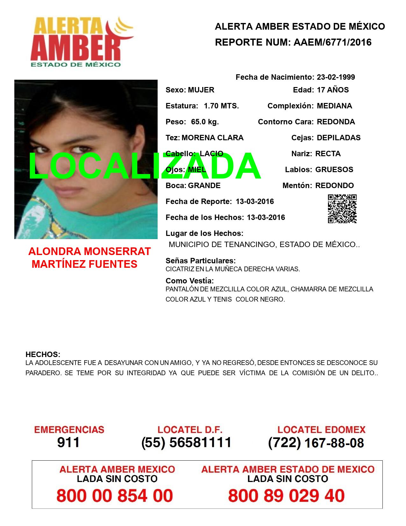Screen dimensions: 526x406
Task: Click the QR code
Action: (342, 209)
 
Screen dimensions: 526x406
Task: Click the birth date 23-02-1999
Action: (336, 77)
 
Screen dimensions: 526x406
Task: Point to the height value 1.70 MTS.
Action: (221, 106)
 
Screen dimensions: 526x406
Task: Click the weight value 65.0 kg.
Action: (205, 122)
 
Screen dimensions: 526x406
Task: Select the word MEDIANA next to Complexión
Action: (334, 106)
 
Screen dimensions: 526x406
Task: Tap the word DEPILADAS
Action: (338, 138)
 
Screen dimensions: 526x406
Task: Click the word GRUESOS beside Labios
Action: (334, 170)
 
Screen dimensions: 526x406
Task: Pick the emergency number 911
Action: (68, 442)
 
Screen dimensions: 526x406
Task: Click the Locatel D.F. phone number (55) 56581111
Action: (186, 442)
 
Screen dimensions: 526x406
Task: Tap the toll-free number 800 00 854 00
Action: (115, 496)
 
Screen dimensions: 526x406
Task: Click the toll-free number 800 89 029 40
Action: (286, 496)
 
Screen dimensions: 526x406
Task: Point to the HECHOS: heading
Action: (43, 354)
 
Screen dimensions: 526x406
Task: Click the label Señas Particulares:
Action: (201, 261)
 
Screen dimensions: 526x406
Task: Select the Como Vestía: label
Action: (189, 281)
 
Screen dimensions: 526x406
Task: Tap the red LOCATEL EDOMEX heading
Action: (321, 429)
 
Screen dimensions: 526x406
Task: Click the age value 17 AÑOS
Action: (333, 90)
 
